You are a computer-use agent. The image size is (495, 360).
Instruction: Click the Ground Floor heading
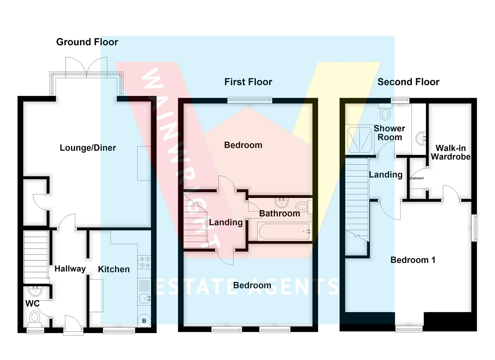click(x=87, y=42)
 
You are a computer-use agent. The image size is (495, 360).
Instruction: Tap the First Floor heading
click(x=248, y=82)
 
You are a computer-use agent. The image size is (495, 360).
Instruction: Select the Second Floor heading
click(x=408, y=82)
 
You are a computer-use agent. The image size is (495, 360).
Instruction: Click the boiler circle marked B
click(x=144, y=321)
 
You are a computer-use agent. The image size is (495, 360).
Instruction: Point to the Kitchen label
click(x=114, y=269)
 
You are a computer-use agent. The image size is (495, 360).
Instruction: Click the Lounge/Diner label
click(x=88, y=148)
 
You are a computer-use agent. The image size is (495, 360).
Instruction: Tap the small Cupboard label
click(x=417, y=178)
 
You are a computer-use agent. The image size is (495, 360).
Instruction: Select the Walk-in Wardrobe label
click(x=451, y=152)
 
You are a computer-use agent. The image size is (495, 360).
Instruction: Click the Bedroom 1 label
click(x=413, y=260)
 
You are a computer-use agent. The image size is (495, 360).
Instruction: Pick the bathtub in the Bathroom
click(x=285, y=231)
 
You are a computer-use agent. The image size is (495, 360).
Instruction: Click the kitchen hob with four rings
click(x=144, y=262)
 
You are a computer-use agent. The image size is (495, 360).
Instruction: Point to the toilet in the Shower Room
click(x=385, y=112)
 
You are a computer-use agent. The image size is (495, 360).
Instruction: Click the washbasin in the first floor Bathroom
click(x=282, y=203)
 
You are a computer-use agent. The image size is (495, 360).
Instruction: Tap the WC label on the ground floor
click(x=32, y=303)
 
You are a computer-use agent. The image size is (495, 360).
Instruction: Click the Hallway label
click(x=70, y=269)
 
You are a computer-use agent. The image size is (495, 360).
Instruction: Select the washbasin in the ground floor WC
click(x=35, y=291)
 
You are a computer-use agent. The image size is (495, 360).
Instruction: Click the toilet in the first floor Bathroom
click(x=304, y=207)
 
